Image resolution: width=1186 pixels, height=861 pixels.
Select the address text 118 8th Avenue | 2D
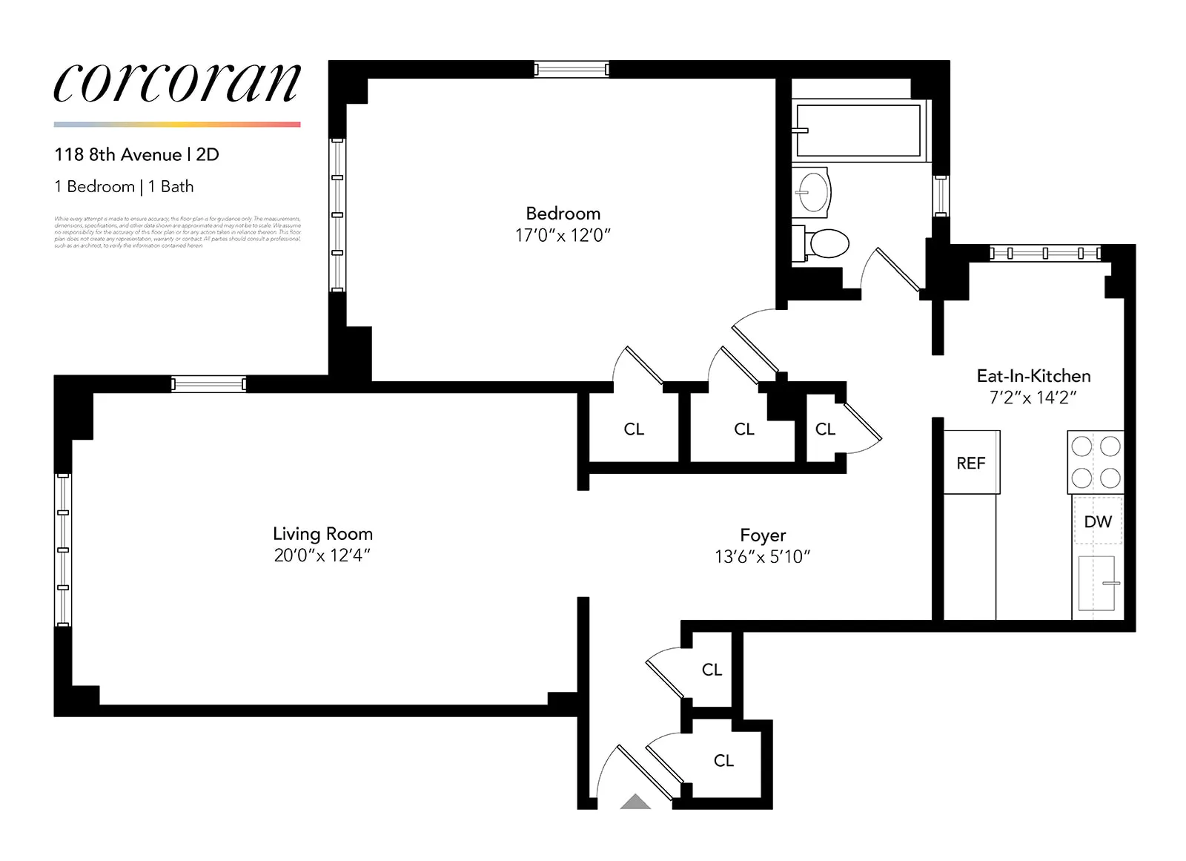click(x=136, y=155)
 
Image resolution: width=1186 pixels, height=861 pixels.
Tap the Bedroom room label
click(x=563, y=214)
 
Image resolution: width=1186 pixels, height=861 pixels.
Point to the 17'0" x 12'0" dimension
click(x=563, y=236)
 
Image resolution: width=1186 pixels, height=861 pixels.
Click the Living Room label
click(x=322, y=534)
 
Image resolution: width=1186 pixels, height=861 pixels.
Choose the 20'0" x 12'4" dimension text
click(x=322, y=555)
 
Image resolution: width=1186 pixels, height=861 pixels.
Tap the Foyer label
click(x=763, y=535)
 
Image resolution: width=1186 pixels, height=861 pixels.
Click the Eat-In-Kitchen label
click(x=1033, y=376)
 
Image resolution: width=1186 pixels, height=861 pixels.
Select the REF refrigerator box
click(x=971, y=463)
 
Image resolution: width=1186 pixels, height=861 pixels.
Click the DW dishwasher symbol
click(x=1098, y=522)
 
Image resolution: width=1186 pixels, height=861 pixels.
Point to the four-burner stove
click(x=1096, y=462)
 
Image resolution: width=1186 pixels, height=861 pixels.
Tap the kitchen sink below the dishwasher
click(x=1096, y=583)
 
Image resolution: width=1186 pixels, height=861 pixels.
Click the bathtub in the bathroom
click(x=858, y=131)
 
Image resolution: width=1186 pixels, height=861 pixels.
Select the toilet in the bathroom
click(x=824, y=243)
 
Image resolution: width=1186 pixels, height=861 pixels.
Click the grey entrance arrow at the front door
click(x=635, y=802)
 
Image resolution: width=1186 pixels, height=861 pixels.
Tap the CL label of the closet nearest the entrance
click(x=723, y=761)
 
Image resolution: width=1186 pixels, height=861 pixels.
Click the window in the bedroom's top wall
click(x=572, y=70)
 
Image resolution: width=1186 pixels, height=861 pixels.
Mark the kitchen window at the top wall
click(x=1045, y=254)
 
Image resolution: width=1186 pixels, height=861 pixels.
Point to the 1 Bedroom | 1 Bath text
click(x=124, y=187)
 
